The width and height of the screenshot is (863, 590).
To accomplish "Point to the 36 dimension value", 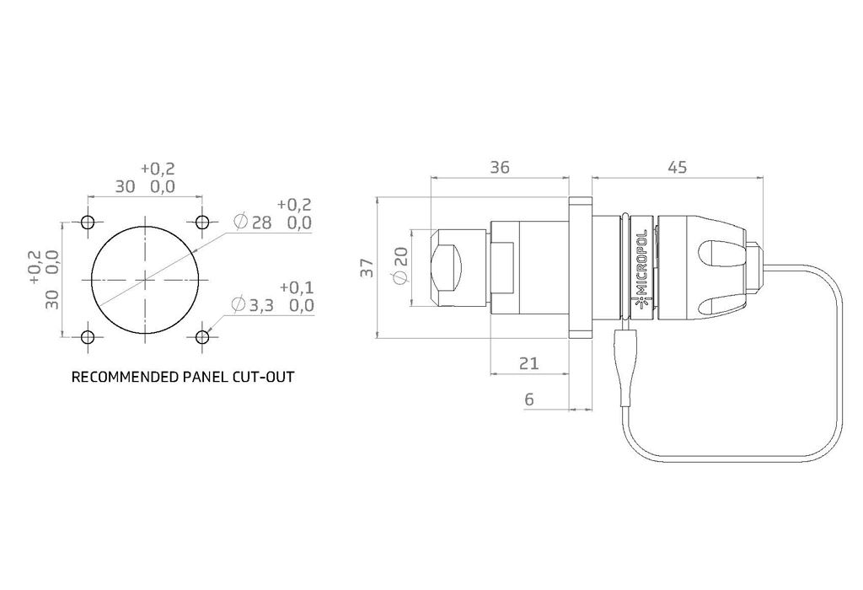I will [x=500, y=168].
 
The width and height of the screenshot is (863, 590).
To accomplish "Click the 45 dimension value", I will [x=677, y=168].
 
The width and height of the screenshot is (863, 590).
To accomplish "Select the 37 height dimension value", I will [x=367, y=269].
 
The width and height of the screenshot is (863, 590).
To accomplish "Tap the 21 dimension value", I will [x=528, y=363].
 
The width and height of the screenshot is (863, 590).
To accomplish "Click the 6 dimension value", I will [x=529, y=400].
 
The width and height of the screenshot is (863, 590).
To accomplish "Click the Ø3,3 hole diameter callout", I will [x=253, y=304].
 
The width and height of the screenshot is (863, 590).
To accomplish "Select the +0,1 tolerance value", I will [x=296, y=287].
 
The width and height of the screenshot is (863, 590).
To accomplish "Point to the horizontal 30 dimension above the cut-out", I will [x=126, y=186].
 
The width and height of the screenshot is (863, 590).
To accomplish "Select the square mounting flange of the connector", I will [x=581, y=268].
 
